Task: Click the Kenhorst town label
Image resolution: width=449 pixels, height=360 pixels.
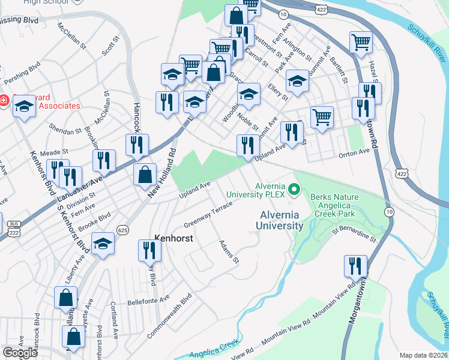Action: click(x=173, y=237)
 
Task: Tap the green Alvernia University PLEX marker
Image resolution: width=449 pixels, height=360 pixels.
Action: click(x=294, y=190)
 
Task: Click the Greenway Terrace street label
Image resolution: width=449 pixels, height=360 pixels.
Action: click(x=208, y=215)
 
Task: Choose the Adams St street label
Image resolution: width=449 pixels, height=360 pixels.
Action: click(x=229, y=252)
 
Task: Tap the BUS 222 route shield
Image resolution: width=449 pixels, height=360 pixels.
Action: click(x=13, y=226)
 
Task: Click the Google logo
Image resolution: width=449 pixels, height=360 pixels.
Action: click(x=20, y=353)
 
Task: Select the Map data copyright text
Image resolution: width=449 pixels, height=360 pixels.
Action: click(x=424, y=355)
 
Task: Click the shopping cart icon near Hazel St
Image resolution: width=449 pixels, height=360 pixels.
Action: click(x=361, y=42)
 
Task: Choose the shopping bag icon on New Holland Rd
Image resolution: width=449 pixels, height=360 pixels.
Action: click(x=145, y=175)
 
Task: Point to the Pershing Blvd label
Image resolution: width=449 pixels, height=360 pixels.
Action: click(x=22, y=73)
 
